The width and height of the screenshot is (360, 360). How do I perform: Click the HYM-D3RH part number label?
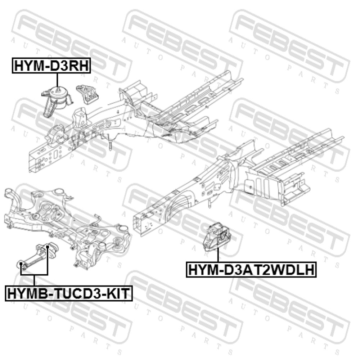pos(51,66)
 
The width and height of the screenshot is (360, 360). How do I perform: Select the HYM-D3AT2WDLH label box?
pos(251,269)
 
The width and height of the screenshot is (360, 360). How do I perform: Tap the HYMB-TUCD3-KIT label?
pos(69,293)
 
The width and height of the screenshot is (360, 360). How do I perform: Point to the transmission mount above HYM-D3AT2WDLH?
pos(217,236)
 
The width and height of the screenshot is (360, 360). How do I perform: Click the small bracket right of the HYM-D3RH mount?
pos(87,94)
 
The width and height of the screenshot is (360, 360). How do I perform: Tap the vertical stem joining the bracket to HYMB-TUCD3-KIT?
pos(34,280)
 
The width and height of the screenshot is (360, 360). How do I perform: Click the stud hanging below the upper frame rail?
pos(110,145)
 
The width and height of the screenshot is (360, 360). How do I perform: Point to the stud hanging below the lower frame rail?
pos(210,203)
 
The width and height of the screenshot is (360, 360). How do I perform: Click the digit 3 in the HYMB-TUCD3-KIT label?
pos(94,293)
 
